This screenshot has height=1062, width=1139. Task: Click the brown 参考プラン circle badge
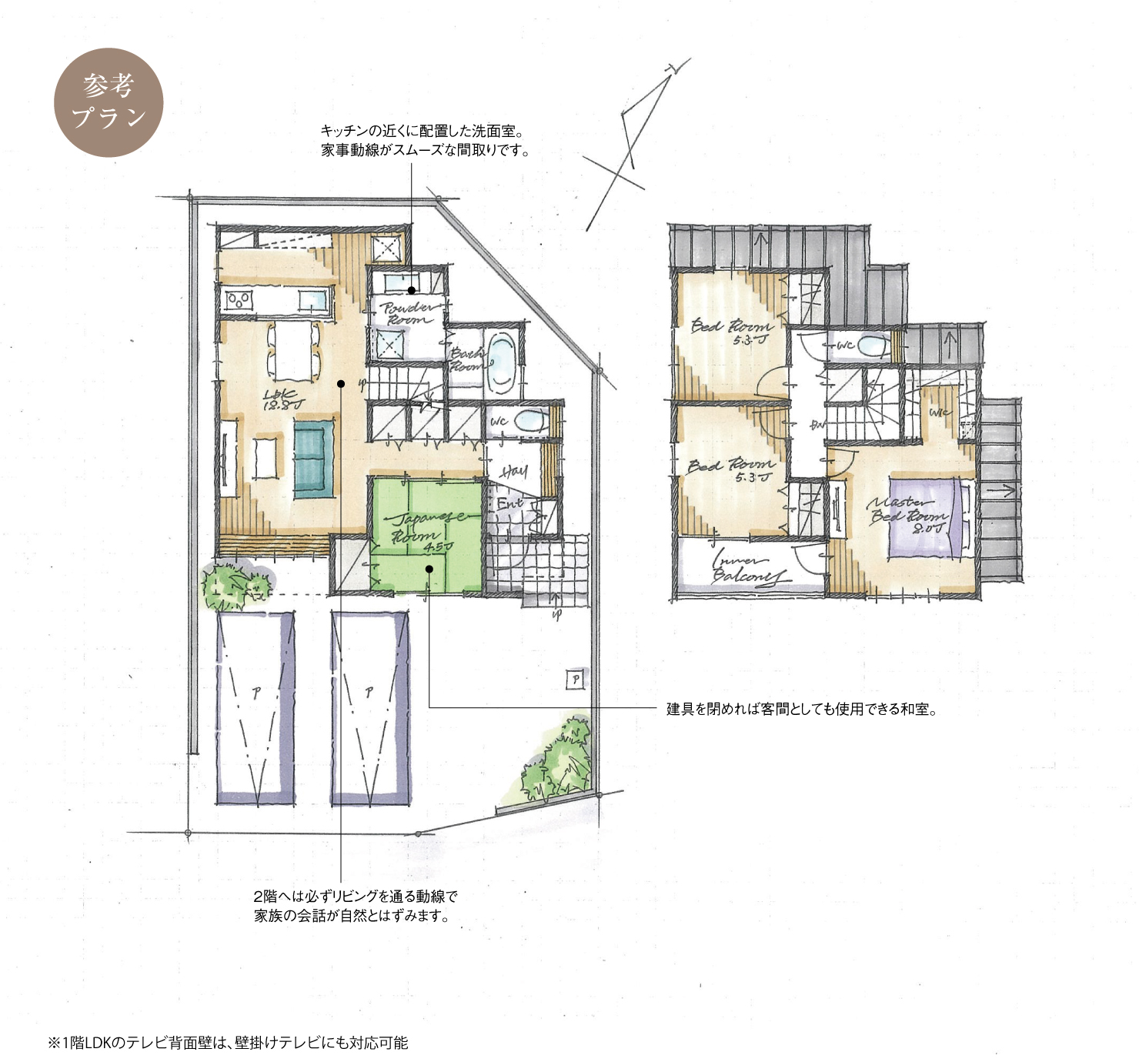click(109, 102)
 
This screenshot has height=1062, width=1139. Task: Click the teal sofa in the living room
click(313, 458)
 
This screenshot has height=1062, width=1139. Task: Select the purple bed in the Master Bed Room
click(924, 517)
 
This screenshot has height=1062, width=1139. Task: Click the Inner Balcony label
click(747, 568)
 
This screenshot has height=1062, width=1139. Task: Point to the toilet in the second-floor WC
click(873, 346)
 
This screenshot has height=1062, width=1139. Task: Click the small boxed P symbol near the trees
click(575, 679)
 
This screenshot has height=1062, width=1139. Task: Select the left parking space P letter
click(256, 693)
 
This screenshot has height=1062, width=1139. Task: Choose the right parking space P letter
click(369, 693)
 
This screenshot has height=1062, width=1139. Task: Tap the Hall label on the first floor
click(513, 471)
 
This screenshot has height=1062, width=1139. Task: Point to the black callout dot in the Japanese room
click(429, 569)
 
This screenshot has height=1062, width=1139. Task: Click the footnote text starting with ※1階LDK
click(228, 1043)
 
